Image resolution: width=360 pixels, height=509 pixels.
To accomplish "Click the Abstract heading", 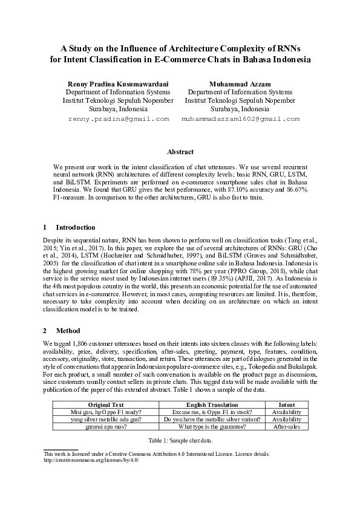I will (x=180, y=152).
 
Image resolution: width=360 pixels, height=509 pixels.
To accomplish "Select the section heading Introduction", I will (x=75, y=227).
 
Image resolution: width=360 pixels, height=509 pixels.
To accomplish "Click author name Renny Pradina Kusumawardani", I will (x=118, y=83).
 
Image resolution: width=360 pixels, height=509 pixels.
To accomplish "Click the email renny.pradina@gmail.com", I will (x=119, y=119).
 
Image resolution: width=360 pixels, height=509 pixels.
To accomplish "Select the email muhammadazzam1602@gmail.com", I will (x=240, y=119).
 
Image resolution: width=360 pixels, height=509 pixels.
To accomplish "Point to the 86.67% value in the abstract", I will (x=294, y=189).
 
